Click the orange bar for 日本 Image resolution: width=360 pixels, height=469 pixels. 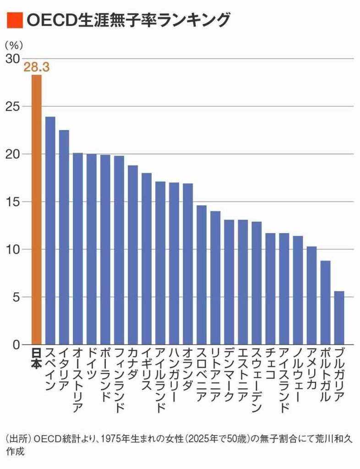coord(37,209)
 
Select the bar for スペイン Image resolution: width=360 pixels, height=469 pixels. coord(50,230)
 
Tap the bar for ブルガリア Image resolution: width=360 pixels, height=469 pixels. coord(339,318)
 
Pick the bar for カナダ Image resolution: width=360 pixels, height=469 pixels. coord(133,255)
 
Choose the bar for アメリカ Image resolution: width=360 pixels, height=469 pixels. coord(311,295)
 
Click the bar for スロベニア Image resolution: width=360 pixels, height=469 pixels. coord(202,275)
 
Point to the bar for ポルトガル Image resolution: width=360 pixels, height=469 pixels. coord(325,302)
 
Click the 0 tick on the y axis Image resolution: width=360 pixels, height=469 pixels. coord(16,344)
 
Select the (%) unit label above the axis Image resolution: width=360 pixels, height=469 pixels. coord(14,45)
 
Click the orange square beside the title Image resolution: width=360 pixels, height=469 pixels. coord(14,20)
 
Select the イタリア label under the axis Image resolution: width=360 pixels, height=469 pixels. coord(64,369)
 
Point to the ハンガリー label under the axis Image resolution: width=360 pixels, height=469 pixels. coord(174,375)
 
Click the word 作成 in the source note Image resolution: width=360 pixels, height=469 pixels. coord(15,451)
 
